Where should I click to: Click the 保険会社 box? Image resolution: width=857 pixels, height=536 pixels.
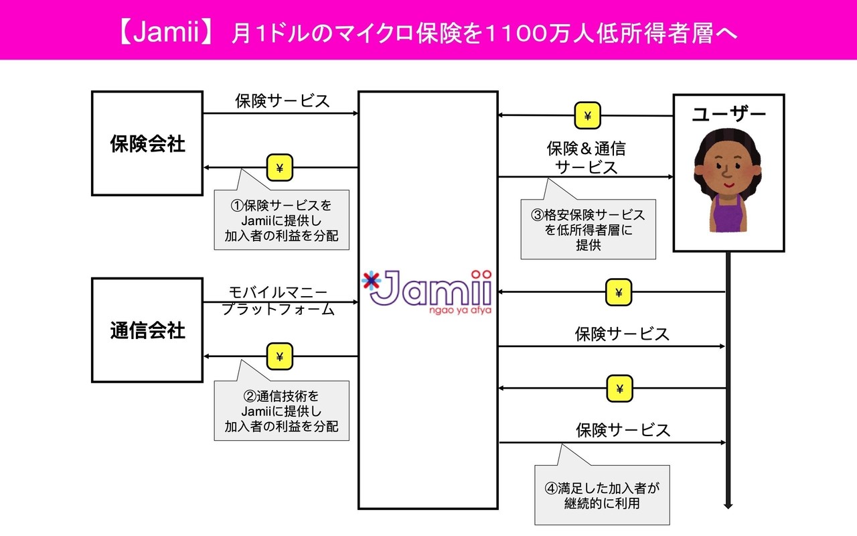tap(147, 143)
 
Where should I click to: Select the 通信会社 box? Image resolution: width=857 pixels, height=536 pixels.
tap(147, 330)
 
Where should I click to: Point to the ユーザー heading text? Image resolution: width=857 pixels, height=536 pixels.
tap(728, 114)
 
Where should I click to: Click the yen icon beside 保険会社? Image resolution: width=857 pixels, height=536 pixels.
tap(280, 167)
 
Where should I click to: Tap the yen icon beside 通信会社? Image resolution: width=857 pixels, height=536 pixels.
tap(280, 356)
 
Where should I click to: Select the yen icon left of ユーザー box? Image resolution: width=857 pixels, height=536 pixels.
tap(587, 116)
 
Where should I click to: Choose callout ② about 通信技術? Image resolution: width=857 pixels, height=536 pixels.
tap(281, 411)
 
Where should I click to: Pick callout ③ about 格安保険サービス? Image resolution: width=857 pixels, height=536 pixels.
tap(588, 230)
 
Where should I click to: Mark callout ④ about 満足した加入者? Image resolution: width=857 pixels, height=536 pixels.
tap(601, 494)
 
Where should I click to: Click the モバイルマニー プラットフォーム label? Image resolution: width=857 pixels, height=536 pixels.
tap(278, 301)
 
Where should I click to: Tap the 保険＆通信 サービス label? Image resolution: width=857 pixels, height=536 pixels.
tap(586, 157)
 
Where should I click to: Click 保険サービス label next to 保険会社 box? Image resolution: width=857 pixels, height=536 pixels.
tap(282, 100)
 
